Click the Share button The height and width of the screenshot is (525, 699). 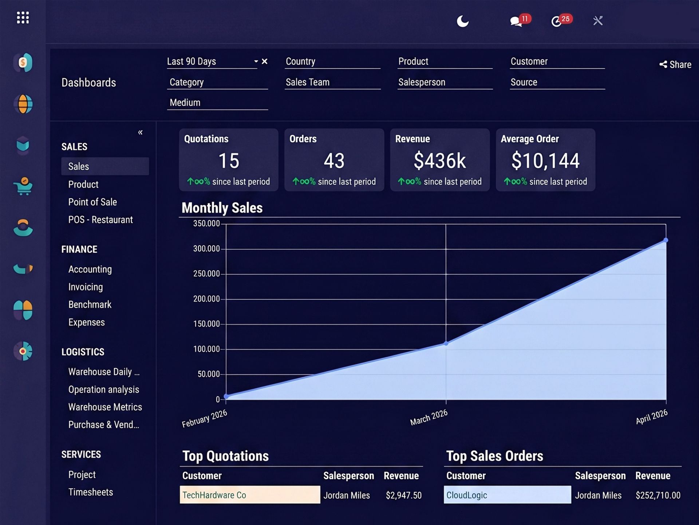[675, 65]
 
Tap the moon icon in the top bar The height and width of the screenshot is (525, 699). [463, 21]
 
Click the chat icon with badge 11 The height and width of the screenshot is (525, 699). [516, 21]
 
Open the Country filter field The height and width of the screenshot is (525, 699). [332, 62]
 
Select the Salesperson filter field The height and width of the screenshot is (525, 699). [445, 82]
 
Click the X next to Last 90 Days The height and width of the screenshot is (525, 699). [265, 61]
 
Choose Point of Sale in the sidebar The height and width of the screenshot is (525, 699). [92, 202]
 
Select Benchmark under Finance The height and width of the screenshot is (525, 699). [90, 304]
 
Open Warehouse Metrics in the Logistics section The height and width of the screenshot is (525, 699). [105, 407]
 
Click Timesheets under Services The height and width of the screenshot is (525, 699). [91, 492]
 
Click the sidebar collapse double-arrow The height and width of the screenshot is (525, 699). [140, 132]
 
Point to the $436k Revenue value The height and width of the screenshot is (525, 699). [440, 161]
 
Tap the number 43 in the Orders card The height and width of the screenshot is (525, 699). [334, 161]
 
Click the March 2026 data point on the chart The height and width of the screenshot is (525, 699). [446, 343]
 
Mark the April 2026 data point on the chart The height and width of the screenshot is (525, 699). [666, 240]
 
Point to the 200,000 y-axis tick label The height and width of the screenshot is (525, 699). [206, 299]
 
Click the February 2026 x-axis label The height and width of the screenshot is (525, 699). [205, 419]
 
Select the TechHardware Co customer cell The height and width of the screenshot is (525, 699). [250, 495]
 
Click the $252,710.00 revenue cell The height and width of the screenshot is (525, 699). [658, 495]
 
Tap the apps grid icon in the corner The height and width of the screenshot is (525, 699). [23, 17]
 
